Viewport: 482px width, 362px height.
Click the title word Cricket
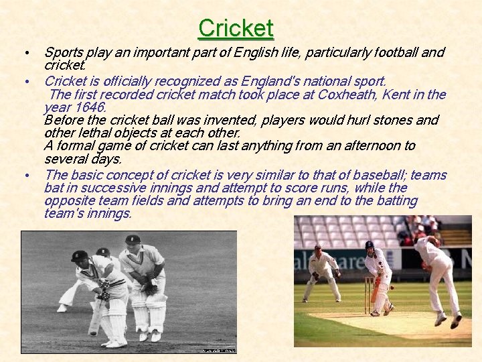click(236, 28)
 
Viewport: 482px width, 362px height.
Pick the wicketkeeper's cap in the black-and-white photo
click(133, 239)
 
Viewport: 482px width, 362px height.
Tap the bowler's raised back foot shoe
click(456, 320)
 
